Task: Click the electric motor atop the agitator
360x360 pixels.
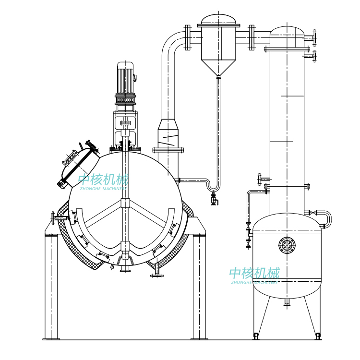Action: [x=125, y=78]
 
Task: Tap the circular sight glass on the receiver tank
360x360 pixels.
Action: [x=287, y=245]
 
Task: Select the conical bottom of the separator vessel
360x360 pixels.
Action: [x=218, y=68]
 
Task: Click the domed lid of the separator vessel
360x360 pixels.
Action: [x=218, y=19]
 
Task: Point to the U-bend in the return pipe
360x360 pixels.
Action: [x=214, y=187]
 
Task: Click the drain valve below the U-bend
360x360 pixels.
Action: [x=214, y=199]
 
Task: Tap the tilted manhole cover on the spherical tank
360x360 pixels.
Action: [x=78, y=165]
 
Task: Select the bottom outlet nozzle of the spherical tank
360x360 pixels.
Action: [x=125, y=268]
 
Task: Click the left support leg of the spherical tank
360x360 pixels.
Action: [x=51, y=286]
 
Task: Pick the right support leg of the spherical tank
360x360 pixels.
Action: [x=199, y=286]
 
